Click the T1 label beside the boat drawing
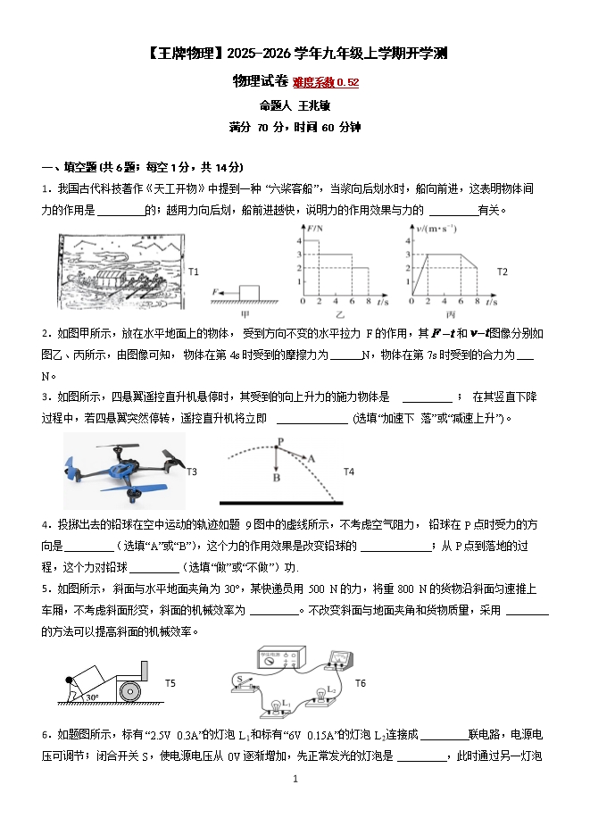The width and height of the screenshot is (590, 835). coord(194,271)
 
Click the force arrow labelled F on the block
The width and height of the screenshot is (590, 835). coord(220,292)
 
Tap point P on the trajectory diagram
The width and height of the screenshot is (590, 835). coord(279,441)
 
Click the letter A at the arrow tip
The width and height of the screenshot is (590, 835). coord(312,457)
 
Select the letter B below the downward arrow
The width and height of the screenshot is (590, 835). coord(277,479)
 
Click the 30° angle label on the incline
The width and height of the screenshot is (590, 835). coord(91,697)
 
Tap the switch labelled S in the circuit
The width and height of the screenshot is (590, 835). coord(242,681)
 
